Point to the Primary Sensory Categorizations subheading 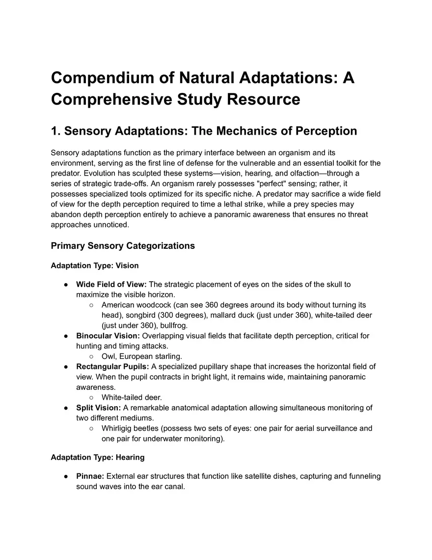click(123, 245)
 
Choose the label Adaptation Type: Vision click(95, 265)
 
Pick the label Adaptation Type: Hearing click(98, 457)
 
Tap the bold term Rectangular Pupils click(112, 366)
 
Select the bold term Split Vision click(98, 408)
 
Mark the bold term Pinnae click(90, 476)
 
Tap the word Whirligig click(118, 428)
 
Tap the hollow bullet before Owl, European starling click(91, 356)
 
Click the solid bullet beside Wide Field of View click(66, 285)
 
